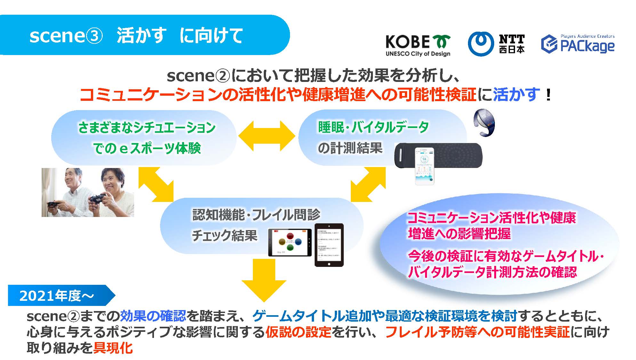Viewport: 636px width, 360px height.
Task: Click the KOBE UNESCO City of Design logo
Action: [417, 45]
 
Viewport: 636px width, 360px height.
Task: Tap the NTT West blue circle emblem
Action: [480, 44]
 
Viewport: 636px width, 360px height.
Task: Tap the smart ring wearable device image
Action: [484, 123]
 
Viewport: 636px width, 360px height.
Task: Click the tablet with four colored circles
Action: [290, 242]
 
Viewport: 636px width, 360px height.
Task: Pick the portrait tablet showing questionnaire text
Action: [329, 245]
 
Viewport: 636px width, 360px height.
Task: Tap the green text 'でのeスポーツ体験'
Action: [147, 148]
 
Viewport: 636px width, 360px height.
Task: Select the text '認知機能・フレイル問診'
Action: [256, 215]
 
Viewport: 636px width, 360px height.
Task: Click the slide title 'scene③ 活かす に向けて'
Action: [136, 35]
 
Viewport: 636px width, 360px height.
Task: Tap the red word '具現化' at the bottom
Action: [113, 348]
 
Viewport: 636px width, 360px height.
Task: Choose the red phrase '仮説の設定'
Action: [298, 332]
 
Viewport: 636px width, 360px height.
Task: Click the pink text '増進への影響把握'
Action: [459, 234]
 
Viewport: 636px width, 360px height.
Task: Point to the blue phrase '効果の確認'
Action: [153, 316]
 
